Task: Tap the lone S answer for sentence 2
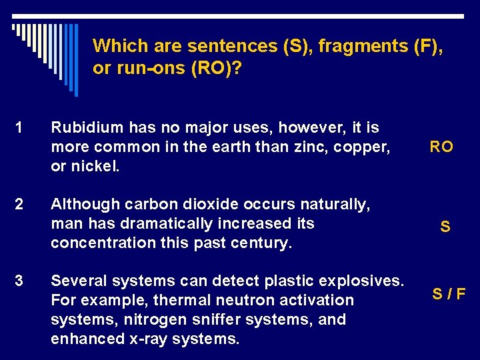pyautogui.click(x=445, y=227)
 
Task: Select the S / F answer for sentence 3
pyautogui.click(x=449, y=293)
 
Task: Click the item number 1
pyautogui.click(x=19, y=127)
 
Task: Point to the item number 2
pyautogui.click(x=20, y=204)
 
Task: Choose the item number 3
pyautogui.click(x=20, y=281)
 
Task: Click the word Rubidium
pyautogui.click(x=83, y=127)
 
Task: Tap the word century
pyautogui.click(x=259, y=242)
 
